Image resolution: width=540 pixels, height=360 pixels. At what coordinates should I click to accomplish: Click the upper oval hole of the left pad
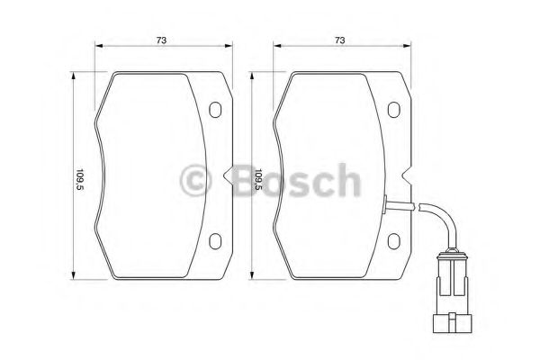215,111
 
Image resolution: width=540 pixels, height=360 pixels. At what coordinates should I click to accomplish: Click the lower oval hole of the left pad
215,240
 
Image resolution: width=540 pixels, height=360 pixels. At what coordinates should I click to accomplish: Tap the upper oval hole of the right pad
393,111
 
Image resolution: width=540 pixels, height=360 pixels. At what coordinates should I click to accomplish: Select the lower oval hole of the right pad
393,240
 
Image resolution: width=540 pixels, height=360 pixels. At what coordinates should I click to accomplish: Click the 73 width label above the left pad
161,40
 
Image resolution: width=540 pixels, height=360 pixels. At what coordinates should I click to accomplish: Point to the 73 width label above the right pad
340,40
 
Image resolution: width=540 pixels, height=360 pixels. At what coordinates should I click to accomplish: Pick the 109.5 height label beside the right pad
259,181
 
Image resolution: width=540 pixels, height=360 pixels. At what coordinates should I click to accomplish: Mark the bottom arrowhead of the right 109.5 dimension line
251,279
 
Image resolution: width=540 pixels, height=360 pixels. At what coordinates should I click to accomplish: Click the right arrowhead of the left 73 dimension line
229,49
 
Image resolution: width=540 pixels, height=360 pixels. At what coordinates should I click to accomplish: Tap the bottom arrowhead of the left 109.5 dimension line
71,279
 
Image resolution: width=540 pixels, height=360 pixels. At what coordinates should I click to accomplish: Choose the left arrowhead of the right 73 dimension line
276,49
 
